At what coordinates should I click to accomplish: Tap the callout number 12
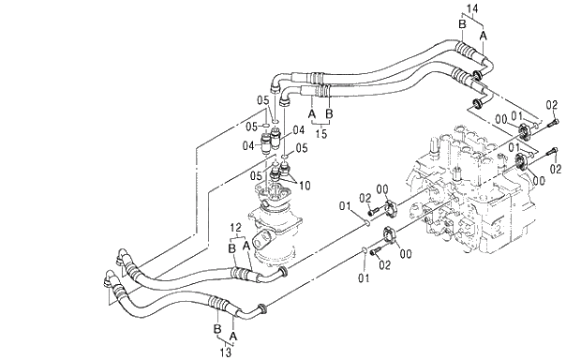tap(236, 228)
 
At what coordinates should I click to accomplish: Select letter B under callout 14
tap(462, 22)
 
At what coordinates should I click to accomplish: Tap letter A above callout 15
tap(311, 112)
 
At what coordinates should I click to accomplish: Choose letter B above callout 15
tap(328, 112)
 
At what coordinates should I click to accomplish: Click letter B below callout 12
tap(230, 248)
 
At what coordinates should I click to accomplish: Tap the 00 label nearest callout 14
tap(502, 117)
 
